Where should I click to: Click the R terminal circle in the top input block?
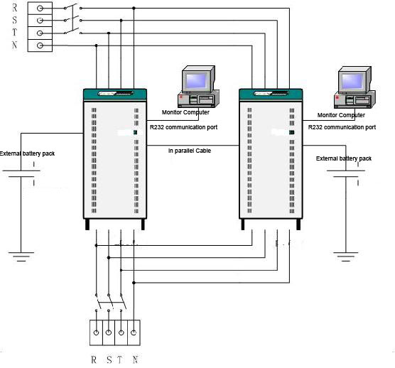coord(40,9)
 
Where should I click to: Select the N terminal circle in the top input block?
coord(40,45)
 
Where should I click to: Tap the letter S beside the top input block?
coord(15,20)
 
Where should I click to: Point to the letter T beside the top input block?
coord(15,32)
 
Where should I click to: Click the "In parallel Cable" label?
coord(190,151)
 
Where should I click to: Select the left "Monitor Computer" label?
coord(185,112)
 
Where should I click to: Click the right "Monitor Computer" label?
coord(341,115)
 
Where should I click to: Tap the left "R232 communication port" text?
coord(183,127)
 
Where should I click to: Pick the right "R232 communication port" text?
coord(342,127)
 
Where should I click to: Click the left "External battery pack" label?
coord(27,153)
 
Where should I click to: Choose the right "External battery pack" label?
coord(344,158)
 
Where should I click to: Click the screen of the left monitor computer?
coord(196,80)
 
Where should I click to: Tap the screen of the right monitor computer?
coord(352,80)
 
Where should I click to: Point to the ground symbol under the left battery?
coord(21,256)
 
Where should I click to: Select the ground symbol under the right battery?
coord(345,256)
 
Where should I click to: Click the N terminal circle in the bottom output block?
coord(134,332)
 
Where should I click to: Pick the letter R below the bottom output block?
coord(94,359)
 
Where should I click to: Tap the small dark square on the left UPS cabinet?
coord(135,132)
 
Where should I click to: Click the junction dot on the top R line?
coord(134,9)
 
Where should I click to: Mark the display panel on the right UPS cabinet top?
coord(271,94)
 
